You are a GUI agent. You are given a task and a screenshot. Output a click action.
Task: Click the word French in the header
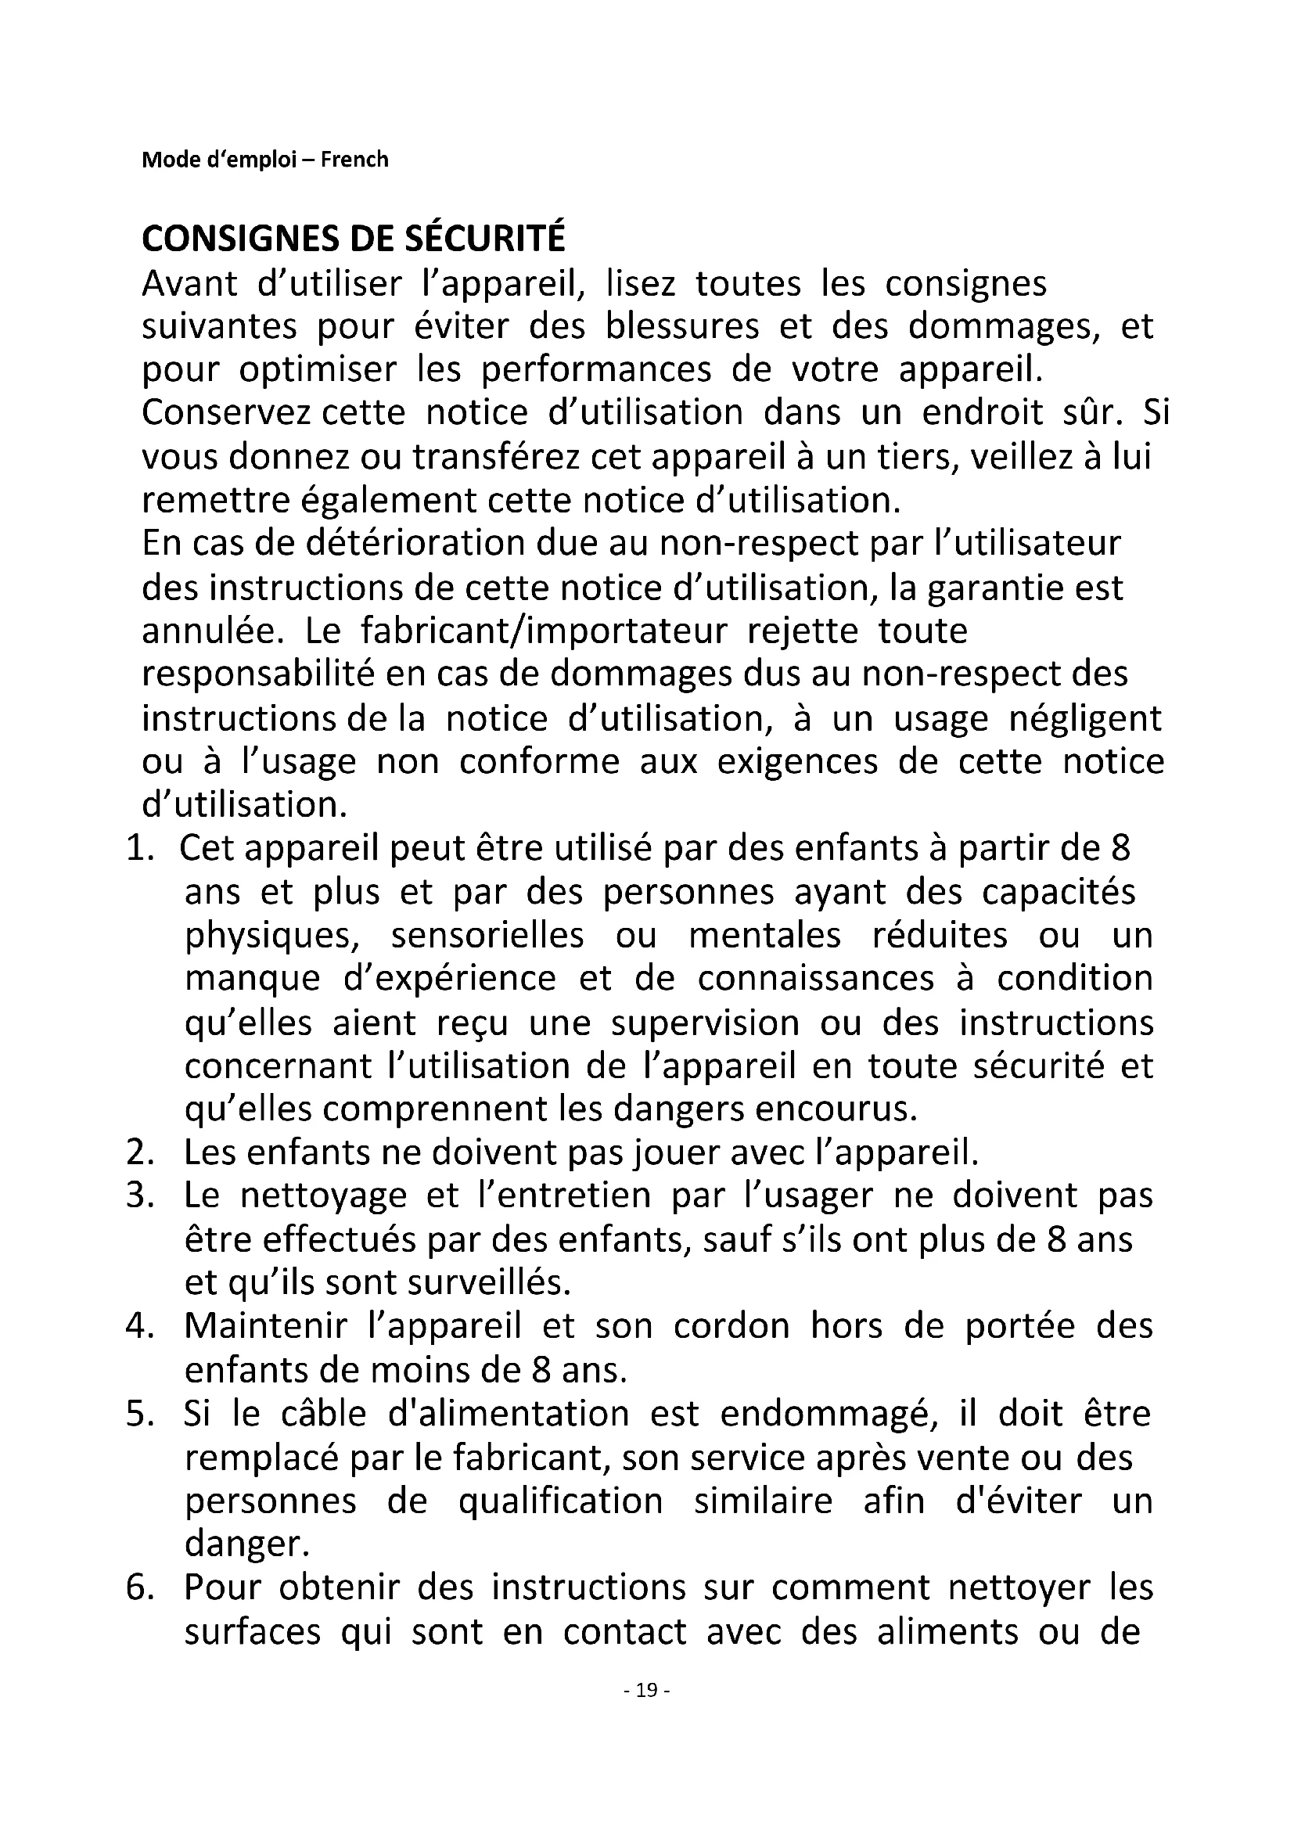354,160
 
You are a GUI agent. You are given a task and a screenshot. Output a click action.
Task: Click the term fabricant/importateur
544,631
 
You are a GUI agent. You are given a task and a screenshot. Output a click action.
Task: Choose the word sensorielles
487,935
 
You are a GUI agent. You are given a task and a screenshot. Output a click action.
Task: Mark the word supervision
705,1023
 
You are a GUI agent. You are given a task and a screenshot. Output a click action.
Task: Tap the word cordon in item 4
731,1326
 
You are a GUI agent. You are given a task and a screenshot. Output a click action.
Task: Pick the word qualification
560,1501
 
